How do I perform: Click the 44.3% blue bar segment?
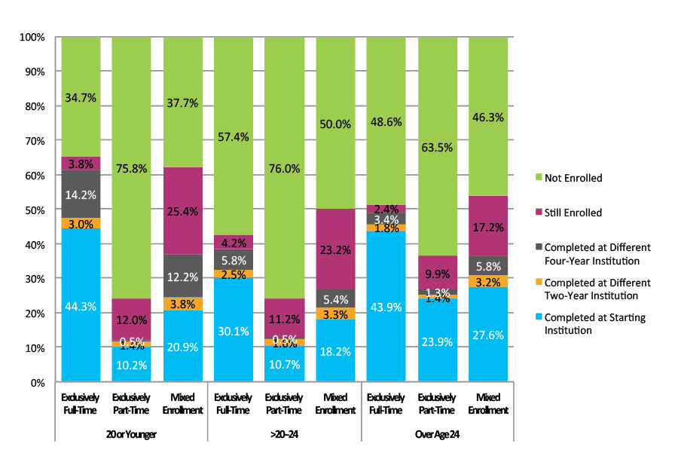click(x=81, y=305)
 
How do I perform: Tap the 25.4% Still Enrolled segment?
click(x=182, y=211)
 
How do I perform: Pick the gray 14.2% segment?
click(x=81, y=194)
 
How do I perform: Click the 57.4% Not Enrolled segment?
click(x=234, y=136)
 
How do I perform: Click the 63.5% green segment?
click(x=437, y=146)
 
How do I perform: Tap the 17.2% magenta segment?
click(x=487, y=225)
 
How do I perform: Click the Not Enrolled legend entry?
click(x=574, y=178)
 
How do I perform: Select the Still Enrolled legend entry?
click(x=573, y=213)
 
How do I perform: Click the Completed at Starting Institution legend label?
click(x=595, y=324)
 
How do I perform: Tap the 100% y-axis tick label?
click(x=34, y=37)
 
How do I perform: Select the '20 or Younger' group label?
click(x=132, y=435)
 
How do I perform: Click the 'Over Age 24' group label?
click(x=437, y=435)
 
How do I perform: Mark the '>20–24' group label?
click(x=284, y=435)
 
